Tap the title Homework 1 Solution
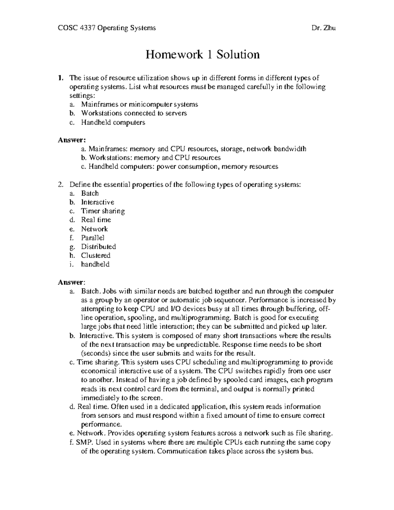[x=203, y=55]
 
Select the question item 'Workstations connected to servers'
[x=134, y=113]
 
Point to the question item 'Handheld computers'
[x=113, y=122]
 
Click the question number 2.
[x=60, y=185]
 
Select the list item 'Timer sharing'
[x=103, y=211]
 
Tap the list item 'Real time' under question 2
[x=96, y=220]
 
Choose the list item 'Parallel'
[x=93, y=238]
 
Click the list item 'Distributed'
[x=98, y=247]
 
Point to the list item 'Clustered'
[x=96, y=255]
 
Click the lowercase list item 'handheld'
[x=95, y=264]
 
